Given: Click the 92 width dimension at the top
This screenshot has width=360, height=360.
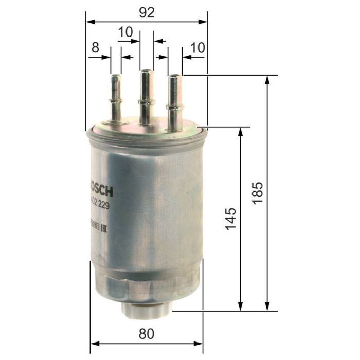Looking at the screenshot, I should tap(147, 12).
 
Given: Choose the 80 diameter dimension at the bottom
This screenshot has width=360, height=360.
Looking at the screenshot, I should tap(147, 334).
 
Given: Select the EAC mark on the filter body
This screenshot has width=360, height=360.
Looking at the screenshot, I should tap(103, 224).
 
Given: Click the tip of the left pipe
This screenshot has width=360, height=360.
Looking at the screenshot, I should tap(115, 76).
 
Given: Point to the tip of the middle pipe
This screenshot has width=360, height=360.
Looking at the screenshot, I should tap(147, 71).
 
